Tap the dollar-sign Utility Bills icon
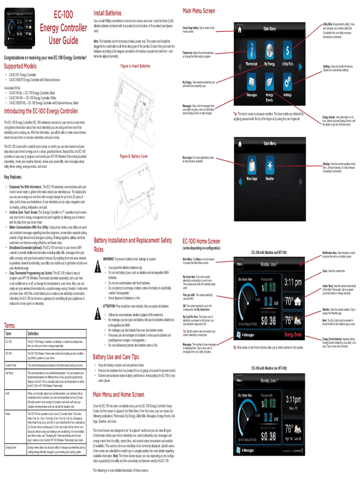(288, 49)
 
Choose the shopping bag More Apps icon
(252, 164)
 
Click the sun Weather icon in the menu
(270, 164)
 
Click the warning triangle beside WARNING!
(98, 268)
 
